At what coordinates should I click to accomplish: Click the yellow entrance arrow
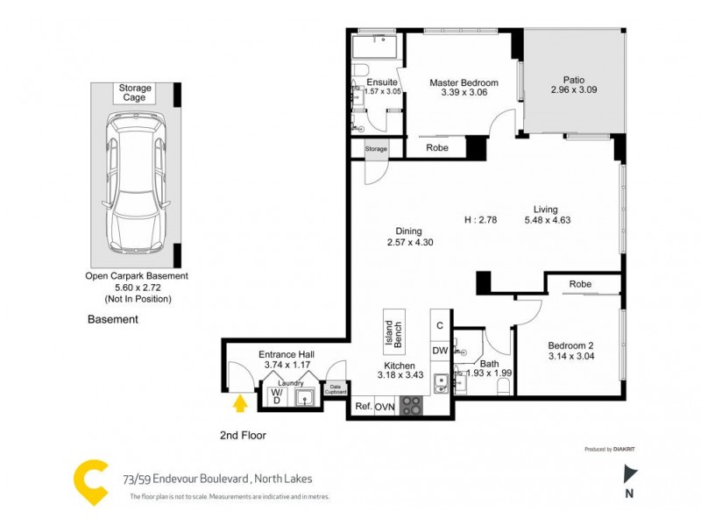pyautogui.click(x=238, y=403)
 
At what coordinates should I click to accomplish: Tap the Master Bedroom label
pyautogui.click(x=464, y=83)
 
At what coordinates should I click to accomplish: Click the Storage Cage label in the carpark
pyautogui.click(x=135, y=93)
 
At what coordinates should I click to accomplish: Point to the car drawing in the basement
pyautogui.click(x=135, y=184)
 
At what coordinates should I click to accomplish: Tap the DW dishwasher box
pyautogui.click(x=441, y=351)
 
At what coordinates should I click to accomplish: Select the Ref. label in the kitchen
pyautogui.click(x=363, y=407)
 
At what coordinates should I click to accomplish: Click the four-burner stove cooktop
pyautogui.click(x=411, y=406)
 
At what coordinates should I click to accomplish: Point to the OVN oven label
pyautogui.click(x=385, y=407)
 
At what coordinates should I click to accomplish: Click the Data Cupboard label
pyautogui.click(x=335, y=388)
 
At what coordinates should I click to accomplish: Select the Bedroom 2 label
pyautogui.click(x=572, y=345)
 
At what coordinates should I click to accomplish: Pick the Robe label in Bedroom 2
pyautogui.click(x=579, y=284)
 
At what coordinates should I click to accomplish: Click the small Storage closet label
pyautogui.click(x=376, y=150)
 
